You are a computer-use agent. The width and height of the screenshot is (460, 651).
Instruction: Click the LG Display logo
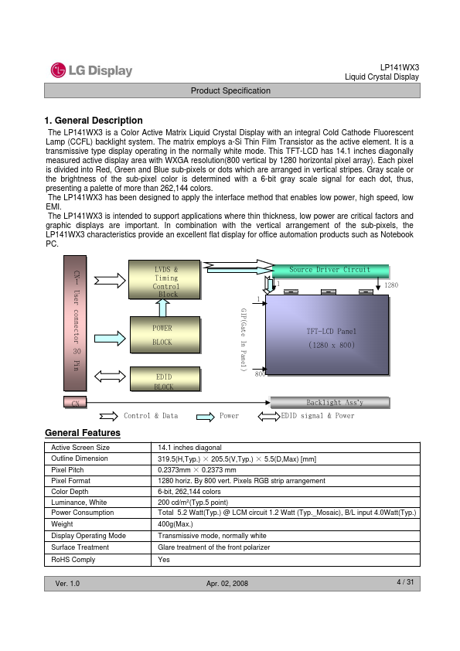coord(92,70)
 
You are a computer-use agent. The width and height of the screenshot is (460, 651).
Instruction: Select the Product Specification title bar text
coord(230,90)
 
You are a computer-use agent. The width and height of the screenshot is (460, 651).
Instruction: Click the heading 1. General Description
coord(94,121)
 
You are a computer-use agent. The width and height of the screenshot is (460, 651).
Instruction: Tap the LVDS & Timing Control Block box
coord(165,279)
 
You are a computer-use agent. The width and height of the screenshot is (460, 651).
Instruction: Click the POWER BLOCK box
coord(165,335)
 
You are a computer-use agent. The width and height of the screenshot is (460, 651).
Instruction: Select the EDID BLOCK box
coord(165,379)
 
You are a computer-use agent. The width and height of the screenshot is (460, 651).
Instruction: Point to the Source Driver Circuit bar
coord(330,271)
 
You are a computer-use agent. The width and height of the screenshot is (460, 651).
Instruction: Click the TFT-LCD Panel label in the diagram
coord(332,332)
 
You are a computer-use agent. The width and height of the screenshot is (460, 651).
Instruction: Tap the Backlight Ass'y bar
coord(330,402)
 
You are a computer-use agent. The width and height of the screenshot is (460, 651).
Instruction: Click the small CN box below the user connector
coord(75,402)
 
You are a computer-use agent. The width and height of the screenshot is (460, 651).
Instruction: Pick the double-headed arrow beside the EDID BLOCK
coord(110,377)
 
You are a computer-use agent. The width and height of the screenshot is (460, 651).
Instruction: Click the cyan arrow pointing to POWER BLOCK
coord(110,339)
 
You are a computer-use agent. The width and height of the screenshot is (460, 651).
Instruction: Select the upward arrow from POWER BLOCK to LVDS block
coord(163,308)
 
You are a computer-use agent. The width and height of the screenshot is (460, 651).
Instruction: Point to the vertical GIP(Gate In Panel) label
coord(244,339)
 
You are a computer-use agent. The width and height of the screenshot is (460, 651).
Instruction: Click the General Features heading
coord(83,433)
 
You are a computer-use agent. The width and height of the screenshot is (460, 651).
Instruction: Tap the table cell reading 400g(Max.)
coord(175,524)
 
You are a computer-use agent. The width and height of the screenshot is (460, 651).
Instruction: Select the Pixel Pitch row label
coord(67,469)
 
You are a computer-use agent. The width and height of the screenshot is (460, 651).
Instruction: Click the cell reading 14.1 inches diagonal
coord(189,447)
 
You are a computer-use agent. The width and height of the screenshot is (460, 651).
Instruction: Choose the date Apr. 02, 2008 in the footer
coord(227,583)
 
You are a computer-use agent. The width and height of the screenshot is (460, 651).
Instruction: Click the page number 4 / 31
coord(405,582)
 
